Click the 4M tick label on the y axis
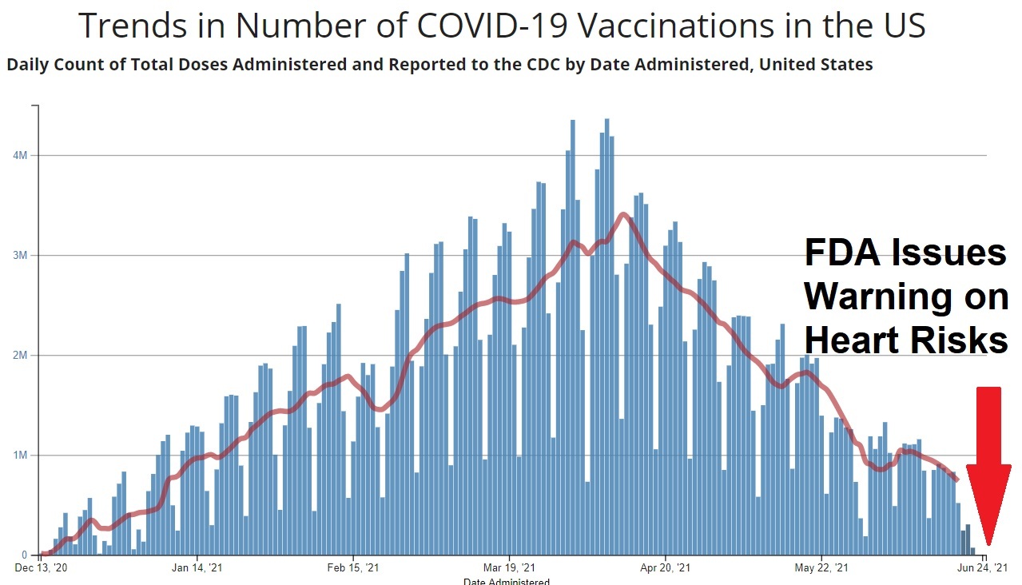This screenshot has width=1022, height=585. click(x=22, y=155)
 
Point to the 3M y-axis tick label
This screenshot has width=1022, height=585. click(x=22, y=255)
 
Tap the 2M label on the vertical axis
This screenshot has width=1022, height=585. click(x=22, y=355)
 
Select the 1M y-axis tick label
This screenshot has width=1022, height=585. click(x=22, y=455)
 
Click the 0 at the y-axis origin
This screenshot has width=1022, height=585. click(x=25, y=555)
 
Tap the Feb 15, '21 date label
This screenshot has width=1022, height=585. click(x=353, y=568)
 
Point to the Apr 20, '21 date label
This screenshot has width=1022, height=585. click(x=666, y=568)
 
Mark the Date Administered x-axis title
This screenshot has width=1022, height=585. click(x=507, y=581)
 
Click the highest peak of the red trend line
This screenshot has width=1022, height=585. click(x=623, y=214)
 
